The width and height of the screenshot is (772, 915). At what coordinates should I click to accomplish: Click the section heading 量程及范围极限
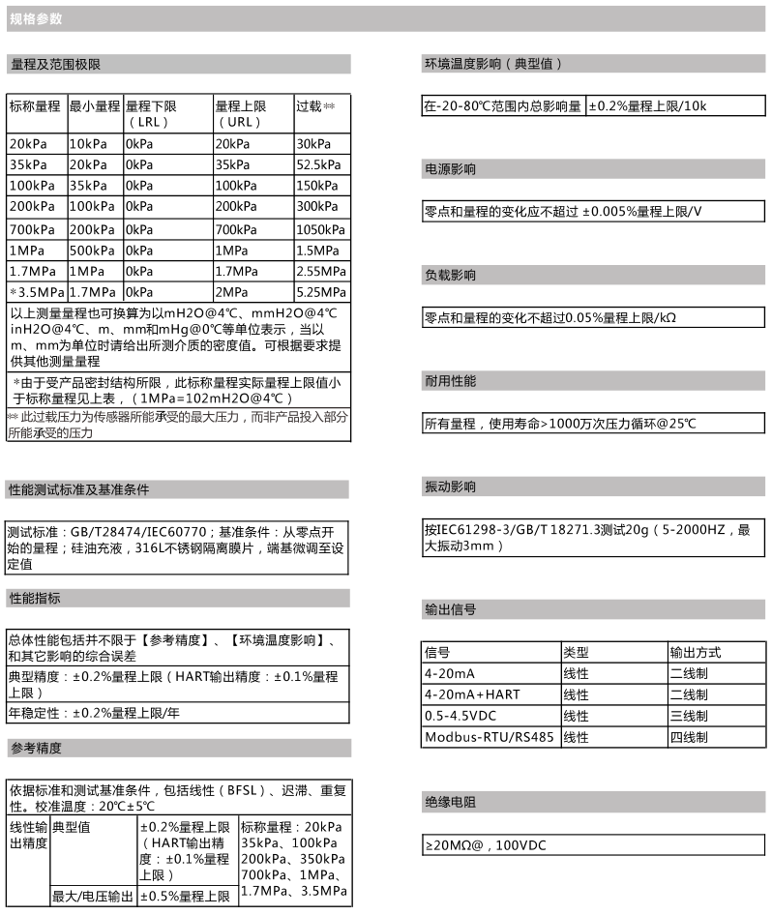tap(55, 65)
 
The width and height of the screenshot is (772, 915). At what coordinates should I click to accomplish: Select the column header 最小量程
tap(94, 105)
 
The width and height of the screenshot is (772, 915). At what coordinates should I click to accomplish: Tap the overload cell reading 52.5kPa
tap(320, 163)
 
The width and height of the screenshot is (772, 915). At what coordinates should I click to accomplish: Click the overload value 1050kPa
tap(320, 228)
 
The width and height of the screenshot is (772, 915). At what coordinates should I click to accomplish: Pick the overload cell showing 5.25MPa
tap(320, 292)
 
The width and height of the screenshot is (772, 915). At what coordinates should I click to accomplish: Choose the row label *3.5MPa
tap(37, 292)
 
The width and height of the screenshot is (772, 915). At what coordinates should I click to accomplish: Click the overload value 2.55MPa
tap(320, 271)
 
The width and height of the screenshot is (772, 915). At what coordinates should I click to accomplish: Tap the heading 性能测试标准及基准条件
tap(78, 490)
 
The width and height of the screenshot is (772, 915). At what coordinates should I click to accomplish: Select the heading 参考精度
tap(36, 748)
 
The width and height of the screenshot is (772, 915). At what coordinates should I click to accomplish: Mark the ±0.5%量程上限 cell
tap(185, 897)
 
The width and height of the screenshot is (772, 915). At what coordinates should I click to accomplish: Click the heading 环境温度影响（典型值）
tap(492, 65)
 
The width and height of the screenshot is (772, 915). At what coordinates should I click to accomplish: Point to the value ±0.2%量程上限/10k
tap(648, 106)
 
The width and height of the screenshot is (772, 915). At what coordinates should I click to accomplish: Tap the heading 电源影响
tap(450, 169)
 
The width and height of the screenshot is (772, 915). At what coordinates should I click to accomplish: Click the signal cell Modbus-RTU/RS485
tap(489, 737)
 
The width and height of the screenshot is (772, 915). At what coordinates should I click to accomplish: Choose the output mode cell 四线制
tap(689, 737)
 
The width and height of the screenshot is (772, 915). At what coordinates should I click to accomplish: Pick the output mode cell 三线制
tap(689, 716)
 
